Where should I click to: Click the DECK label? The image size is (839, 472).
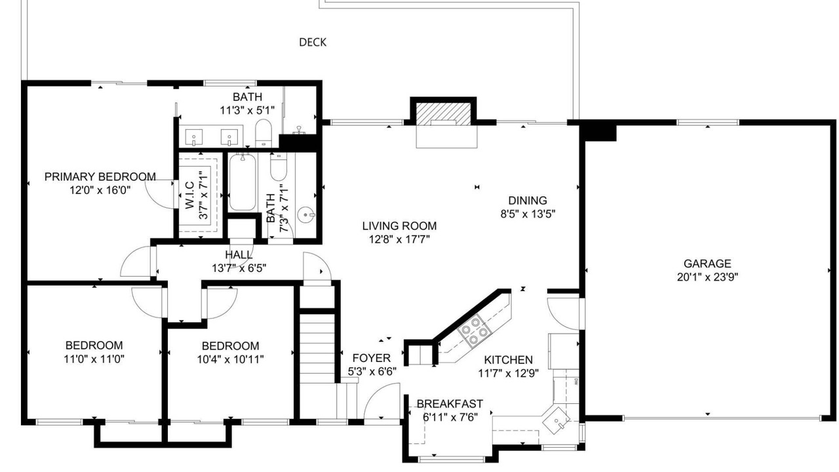pos(313,43)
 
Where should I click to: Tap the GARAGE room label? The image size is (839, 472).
pos(707,264)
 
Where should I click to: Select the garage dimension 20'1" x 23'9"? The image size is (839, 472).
pos(707,277)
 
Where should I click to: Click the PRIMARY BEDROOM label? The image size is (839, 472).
pos(100,177)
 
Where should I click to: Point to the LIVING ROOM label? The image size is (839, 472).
pos(399,226)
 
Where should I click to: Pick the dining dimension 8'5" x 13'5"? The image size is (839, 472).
pos(528,214)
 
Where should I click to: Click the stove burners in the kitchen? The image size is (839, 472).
pos(474,331)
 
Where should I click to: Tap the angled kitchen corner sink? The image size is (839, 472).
pos(556,420)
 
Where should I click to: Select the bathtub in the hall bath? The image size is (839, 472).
pos(243,182)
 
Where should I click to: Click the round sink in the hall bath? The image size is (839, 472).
pos(306,215)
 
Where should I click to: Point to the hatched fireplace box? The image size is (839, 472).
pos(444,114)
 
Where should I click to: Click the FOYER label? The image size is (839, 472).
pos(372,358)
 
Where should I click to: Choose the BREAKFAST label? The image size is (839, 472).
pos(450,404)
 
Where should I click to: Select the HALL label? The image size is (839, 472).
pos(239,255)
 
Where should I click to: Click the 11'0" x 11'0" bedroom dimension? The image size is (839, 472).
pos(94,359)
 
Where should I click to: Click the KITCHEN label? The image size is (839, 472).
pos(508,360)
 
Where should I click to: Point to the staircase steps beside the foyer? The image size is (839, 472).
pos(317,348)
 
